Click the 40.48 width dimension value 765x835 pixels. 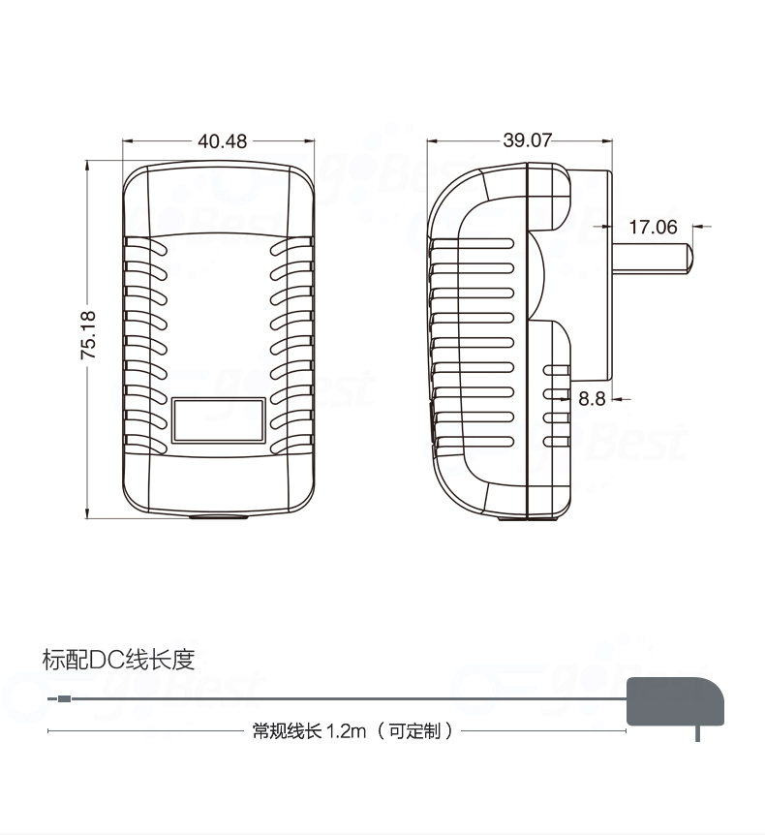(x=222, y=141)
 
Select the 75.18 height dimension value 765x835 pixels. (x=88, y=335)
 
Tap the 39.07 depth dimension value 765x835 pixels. (x=527, y=140)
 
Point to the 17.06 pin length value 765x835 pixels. (x=653, y=228)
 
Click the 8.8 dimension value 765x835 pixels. (x=592, y=398)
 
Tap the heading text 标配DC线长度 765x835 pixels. (x=119, y=661)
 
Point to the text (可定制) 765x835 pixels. (x=415, y=730)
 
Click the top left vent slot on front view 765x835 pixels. (x=146, y=249)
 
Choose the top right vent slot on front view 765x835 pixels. (x=292, y=249)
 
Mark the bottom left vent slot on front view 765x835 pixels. (x=146, y=447)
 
